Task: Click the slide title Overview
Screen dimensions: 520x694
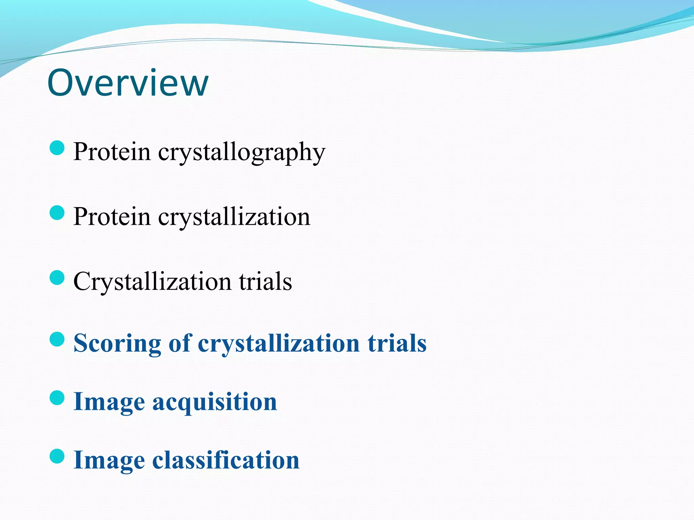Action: tap(128, 83)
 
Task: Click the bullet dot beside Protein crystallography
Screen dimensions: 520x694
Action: tap(57, 148)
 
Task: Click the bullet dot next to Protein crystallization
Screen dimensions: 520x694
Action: tap(57, 213)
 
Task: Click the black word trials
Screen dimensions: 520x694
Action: tap(265, 281)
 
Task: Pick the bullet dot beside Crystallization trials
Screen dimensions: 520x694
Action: tap(57, 278)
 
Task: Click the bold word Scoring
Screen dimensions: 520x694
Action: tap(117, 343)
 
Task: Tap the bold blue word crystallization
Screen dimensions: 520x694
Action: tap(279, 343)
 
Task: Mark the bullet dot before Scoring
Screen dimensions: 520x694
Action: tap(57, 339)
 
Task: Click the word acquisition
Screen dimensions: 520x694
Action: tap(215, 402)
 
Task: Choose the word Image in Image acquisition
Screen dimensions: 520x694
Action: tap(109, 402)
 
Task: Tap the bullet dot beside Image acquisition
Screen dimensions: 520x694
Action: tap(57, 398)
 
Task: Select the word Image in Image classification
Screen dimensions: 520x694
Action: tap(109, 460)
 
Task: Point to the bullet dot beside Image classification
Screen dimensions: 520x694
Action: tap(57, 456)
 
